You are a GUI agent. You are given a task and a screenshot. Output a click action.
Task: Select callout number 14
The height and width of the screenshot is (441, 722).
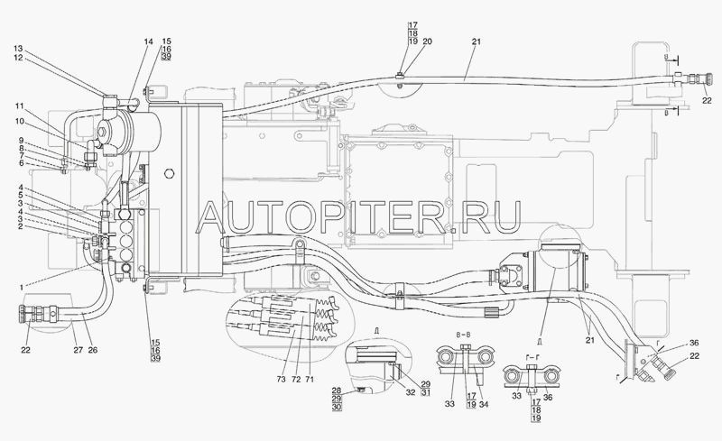pos(147,42)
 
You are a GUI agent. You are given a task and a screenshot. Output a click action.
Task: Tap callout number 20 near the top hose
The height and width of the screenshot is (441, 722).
pos(428,42)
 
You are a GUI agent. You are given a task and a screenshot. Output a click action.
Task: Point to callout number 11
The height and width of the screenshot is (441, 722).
pos(18,106)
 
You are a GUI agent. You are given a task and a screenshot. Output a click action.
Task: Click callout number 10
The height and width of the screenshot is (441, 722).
pos(18,121)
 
